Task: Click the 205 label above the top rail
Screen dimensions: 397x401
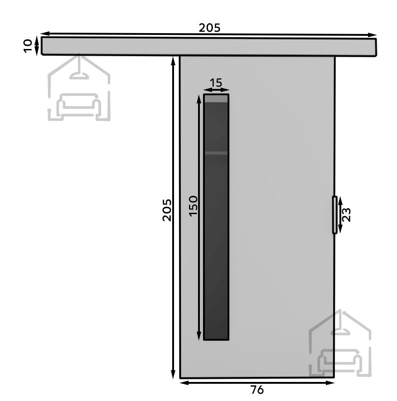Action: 209,28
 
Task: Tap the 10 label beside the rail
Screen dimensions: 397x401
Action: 28,46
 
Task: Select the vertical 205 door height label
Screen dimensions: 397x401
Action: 167,210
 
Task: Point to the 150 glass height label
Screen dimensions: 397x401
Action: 194,206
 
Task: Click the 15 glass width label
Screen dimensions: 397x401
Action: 216,83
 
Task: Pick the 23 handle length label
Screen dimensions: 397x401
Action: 346,215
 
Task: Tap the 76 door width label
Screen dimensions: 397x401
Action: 257,390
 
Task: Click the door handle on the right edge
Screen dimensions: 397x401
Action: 334,215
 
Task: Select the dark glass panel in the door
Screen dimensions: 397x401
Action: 216,217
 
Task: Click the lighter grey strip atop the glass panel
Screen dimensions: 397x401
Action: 216,99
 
